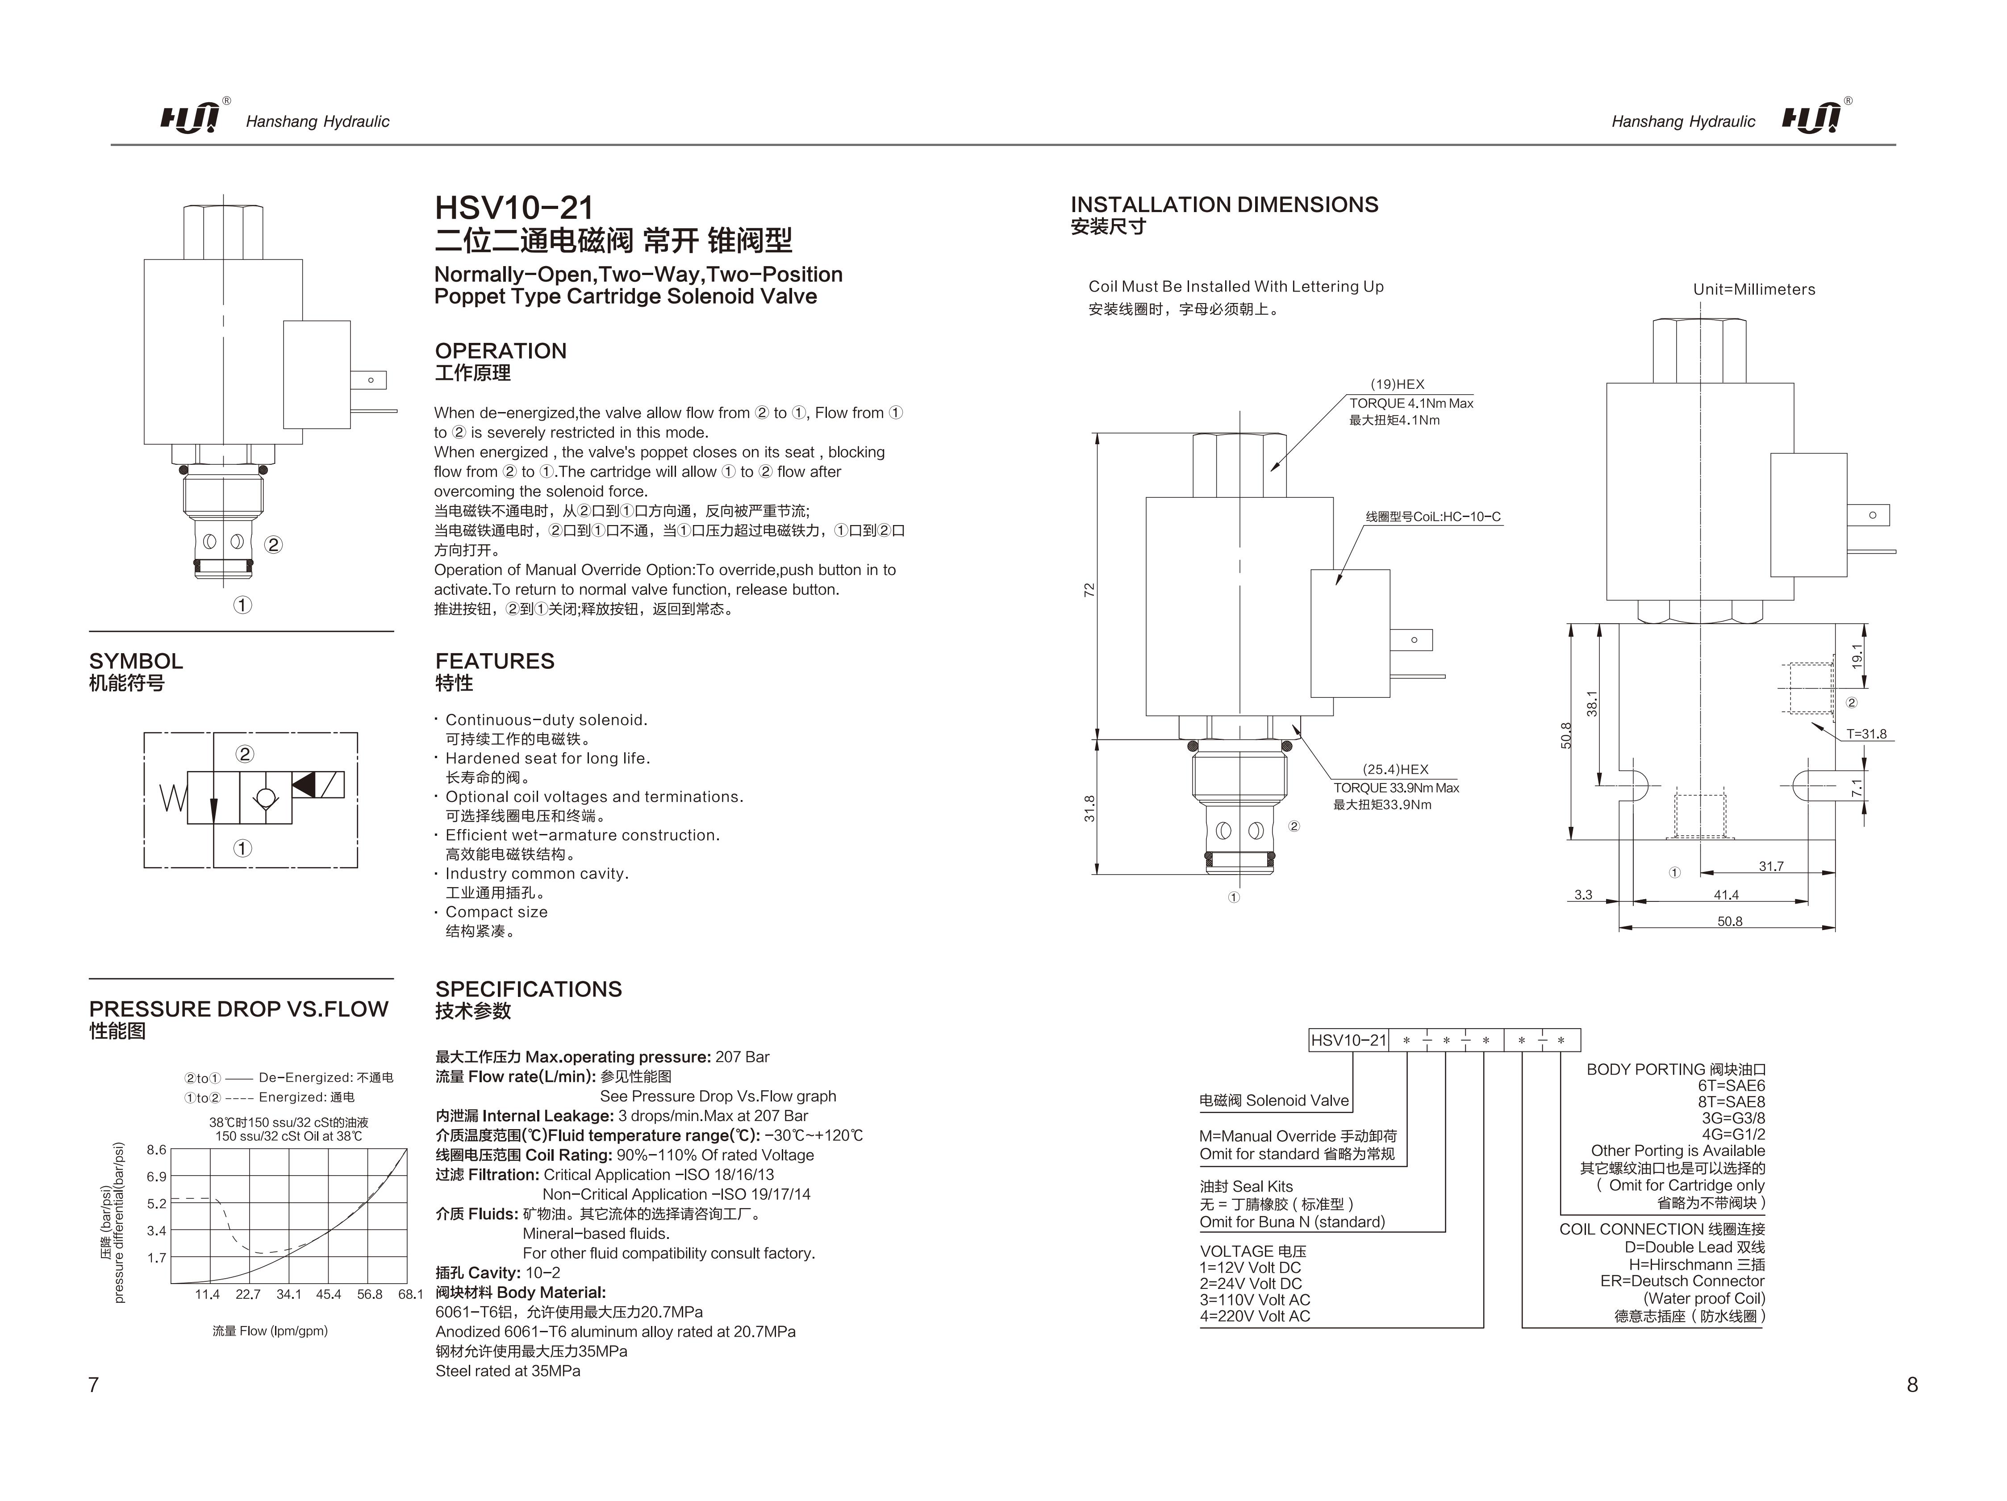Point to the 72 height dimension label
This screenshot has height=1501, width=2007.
click(x=1090, y=590)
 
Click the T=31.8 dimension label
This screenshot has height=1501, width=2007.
click(x=1866, y=734)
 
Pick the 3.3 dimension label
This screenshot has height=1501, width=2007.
click(x=1583, y=895)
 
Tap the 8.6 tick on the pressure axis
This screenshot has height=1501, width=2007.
click(x=157, y=1150)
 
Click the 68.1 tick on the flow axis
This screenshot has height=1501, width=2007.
click(x=410, y=1294)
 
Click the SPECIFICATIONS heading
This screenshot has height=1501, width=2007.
click(x=528, y=989)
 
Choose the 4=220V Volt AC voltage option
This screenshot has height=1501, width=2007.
click(x=1255, y=1316)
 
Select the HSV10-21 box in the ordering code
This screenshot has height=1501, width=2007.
click(x=1348, y=1040)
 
